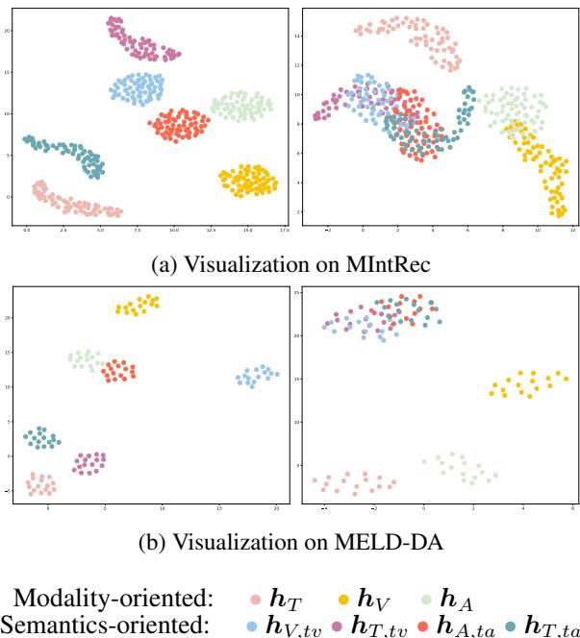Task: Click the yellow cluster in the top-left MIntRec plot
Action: (248, 179)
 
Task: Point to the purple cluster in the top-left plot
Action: (141, 40)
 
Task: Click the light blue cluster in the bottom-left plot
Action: (257, 376)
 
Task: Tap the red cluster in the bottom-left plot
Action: (120, 370)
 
